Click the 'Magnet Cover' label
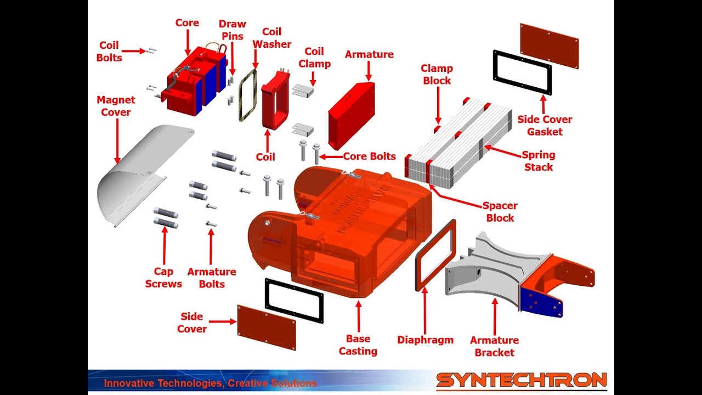coord(115,106)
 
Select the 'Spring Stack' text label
coord(539,161)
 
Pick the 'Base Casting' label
coord(358,345)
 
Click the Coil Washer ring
coord(247,93)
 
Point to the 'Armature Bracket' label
coord(494,346)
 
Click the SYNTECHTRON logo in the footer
coord(521,380)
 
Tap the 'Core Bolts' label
coord(369,156)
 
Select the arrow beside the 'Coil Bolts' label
coord(132,51)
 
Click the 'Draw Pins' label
coord(232,30)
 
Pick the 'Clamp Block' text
coord(437,75)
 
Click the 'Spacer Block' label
coord(500,212)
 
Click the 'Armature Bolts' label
coord(212,278)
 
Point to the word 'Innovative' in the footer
coord(126,383)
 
